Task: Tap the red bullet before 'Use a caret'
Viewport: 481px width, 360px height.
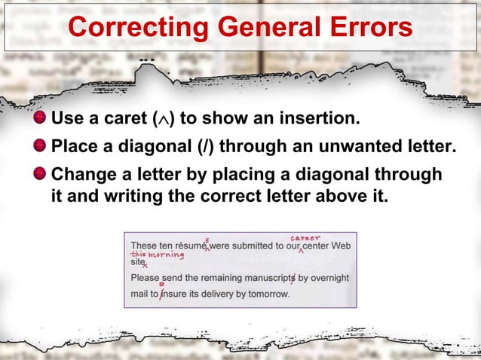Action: (41, 119)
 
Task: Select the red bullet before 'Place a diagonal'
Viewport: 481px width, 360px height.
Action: (41, 145)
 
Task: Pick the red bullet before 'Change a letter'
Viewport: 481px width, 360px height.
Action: (41, 174)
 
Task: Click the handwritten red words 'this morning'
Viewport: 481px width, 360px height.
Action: (158, 255)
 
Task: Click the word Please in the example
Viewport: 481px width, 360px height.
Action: (146, 277)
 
